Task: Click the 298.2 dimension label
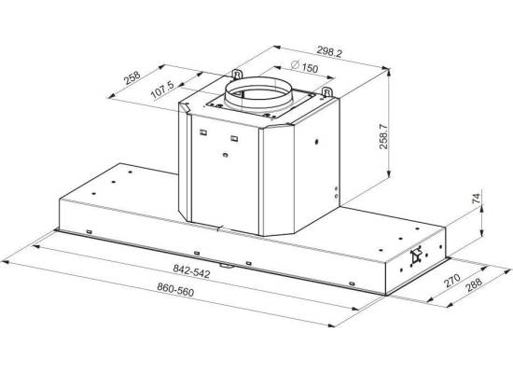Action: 329,51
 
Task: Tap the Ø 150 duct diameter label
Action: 304,66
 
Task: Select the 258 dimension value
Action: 132,78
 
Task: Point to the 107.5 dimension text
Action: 162,90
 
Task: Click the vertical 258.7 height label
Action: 383,136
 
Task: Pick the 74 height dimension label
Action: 477,199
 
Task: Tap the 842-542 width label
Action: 191,271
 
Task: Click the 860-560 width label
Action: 175,290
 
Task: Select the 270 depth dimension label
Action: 452,281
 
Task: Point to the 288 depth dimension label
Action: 474,284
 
